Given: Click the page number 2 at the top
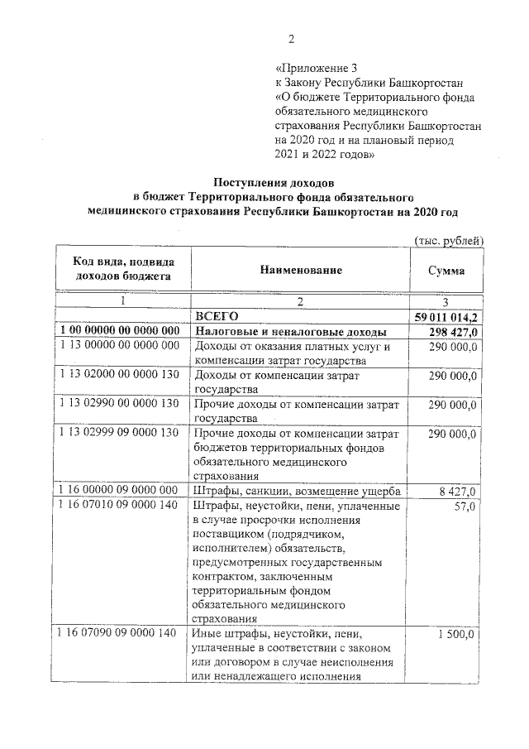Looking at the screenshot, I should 291,39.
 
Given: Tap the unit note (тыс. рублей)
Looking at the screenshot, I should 447,239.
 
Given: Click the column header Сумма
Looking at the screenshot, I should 446,271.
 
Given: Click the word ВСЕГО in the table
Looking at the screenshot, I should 217,316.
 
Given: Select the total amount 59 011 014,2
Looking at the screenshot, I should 446,317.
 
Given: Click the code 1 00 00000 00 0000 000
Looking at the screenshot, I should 119,331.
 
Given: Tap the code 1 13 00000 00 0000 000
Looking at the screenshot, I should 119,346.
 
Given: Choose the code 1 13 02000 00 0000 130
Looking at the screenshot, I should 119,375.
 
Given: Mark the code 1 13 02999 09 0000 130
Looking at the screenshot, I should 119,433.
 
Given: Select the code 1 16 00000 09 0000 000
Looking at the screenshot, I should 119,491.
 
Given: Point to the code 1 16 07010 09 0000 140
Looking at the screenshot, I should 119,506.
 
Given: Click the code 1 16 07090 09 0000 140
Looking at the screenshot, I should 119,633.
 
